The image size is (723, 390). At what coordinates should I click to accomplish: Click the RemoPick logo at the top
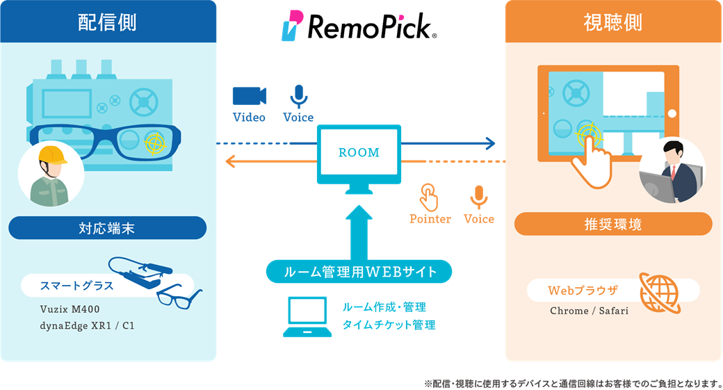pyautogui.click(x=359, y=26)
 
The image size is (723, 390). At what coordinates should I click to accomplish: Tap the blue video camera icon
pyautogui.click(x=250, y=96)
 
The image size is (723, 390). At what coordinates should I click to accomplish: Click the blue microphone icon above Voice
pyautogui.click(x=298, y=96)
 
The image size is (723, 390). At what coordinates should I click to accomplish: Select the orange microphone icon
pyautogui.click(x=478, y=197)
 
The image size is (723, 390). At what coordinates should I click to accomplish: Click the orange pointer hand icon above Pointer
pyautogui.click(x=430, y=197)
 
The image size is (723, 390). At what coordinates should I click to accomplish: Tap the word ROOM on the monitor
pyautogui.click(x=359, y=152)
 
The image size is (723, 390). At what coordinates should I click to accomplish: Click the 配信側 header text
pyautogui.click(x=107, y=23)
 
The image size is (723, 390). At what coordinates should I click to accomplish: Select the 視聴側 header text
pyautogui.click(x=612, y=23)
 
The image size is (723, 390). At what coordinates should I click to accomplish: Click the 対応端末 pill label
pyautogui.click(x=108, y=227)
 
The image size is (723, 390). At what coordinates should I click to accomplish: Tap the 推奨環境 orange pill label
pyautogui.click(x=613, y=224)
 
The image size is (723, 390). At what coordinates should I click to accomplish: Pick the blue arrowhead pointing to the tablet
pyautogui.click(x=491, y=144)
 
